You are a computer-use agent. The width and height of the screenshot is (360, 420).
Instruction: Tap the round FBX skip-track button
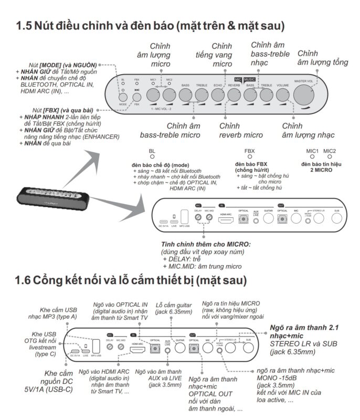coord(136,96)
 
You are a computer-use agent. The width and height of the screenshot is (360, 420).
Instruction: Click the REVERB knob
coord(234,95)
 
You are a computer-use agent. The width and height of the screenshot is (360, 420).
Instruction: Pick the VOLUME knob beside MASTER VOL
coord(282,95)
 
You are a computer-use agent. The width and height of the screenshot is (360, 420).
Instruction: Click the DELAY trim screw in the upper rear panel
coord(198,217)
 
